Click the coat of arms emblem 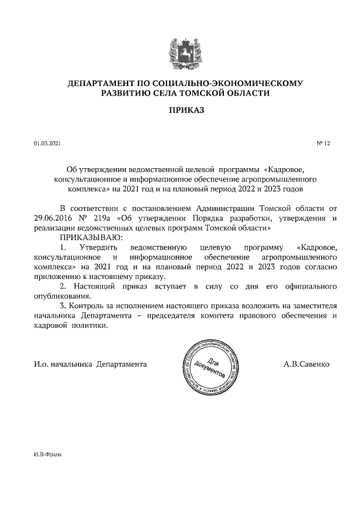click(180, 53)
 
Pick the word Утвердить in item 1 click(98, 248)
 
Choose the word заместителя click(312, 306)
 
